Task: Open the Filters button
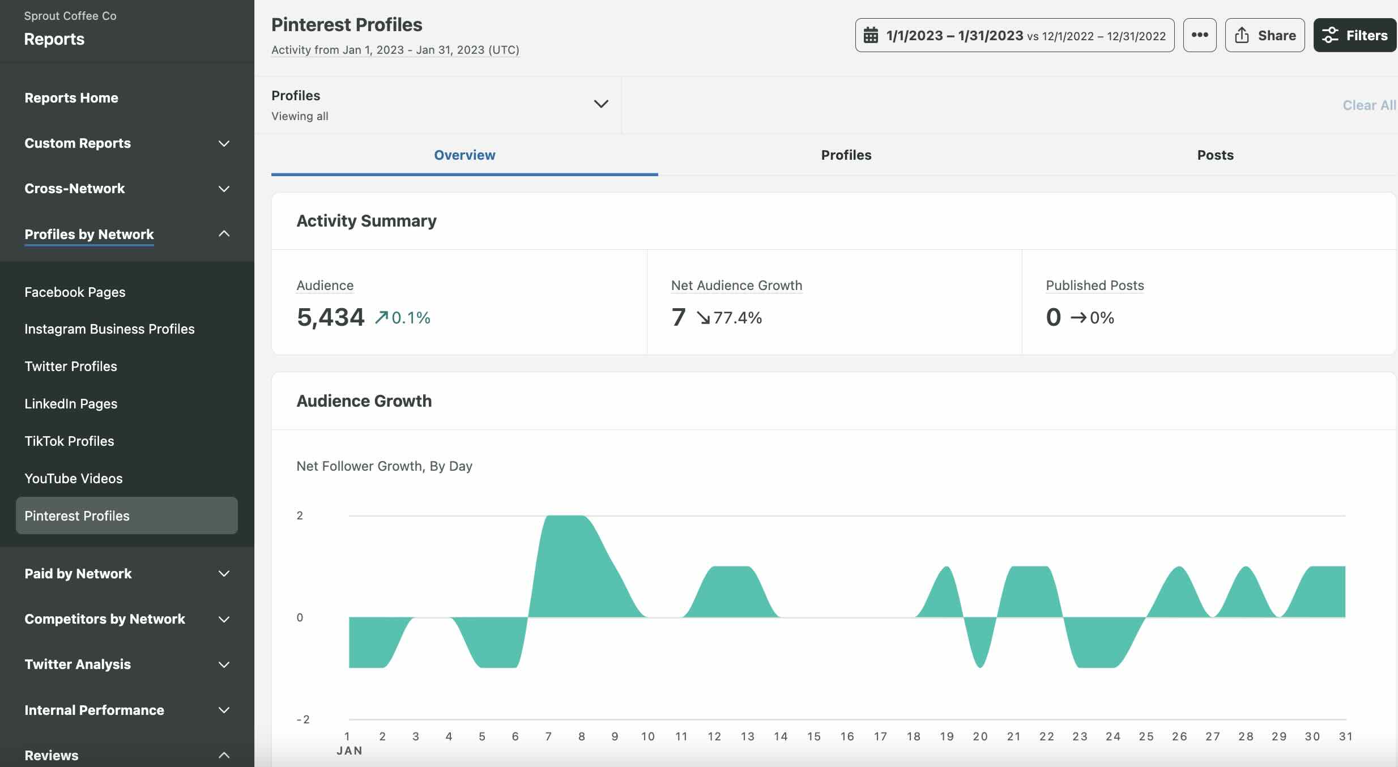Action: [x=1354, y=35]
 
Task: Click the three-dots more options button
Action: [x=1199, y=35]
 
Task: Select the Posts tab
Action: [x=1215, y=155]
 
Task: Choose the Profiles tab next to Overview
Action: [x=846, y=155]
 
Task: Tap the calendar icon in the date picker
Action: [x=871, y=36]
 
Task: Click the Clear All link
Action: [x=1369, y=105]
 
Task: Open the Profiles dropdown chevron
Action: [x=600, y=104]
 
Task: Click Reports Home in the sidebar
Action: [x=71, y=98]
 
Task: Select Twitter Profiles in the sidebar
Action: [x=71, y=367]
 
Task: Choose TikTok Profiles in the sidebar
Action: [x=69, y=441]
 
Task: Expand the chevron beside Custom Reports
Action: [x=224, y=143]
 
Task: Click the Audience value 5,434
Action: [x=330, y=317]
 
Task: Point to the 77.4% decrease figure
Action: [x=737, y=318]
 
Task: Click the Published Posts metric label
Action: [x=1094, y=286]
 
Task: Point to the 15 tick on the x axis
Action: [x=813, y=736]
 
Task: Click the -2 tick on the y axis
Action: [x=302, y=719]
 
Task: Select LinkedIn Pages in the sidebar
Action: [x=71, y=404]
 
